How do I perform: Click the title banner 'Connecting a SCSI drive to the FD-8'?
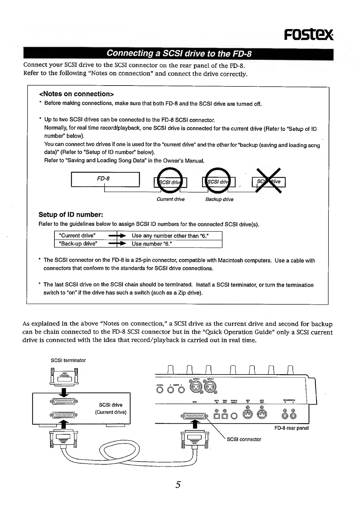point(179,54)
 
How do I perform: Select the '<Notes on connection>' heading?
point(76,94)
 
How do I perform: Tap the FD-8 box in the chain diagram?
point(105,179)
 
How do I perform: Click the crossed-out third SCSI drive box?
point(269,182)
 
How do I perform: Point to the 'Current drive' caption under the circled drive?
point(170,199)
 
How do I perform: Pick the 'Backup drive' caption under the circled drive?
point(219,199)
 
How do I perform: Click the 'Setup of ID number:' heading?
point(71,215)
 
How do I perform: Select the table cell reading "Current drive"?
point(78,235)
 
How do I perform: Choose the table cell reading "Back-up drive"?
point(79,244)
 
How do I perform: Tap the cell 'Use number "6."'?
point(152,244)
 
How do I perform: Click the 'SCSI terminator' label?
point(68,360)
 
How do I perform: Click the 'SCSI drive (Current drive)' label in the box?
point(111,408)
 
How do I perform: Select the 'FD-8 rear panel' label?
point(291,428)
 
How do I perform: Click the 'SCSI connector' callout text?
point(244,439)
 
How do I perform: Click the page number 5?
point(178,485)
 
